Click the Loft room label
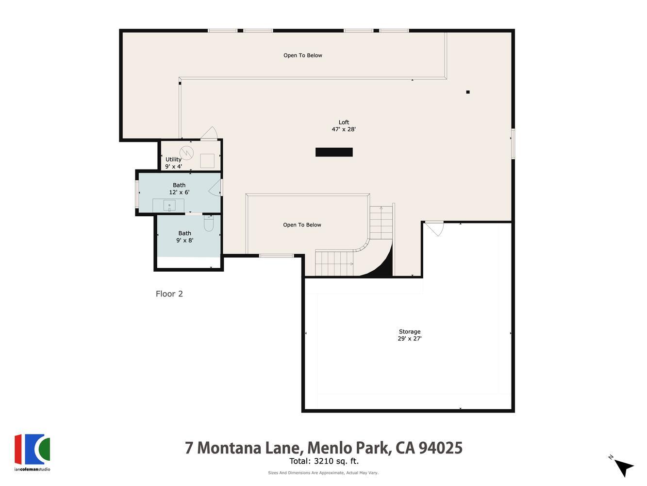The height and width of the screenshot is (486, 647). (344, 122)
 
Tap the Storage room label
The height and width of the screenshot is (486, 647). (410, 331)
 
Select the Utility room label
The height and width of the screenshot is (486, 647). (173, 159)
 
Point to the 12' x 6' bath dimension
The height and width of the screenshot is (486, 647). (179, 192)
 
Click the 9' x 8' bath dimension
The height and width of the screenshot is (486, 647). (184, 240)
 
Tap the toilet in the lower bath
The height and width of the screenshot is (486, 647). (209, 224)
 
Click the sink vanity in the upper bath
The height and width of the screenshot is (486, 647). (168, 206)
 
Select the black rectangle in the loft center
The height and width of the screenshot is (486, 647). (334, 152)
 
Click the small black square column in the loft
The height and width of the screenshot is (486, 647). (468, 92)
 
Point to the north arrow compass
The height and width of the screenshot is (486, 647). (623, 467)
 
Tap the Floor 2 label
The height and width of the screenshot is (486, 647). (169, 294)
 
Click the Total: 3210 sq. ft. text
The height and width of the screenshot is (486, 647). (324, 461)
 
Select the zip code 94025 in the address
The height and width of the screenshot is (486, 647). (440, 447)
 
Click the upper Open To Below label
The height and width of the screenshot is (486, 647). (303, 55)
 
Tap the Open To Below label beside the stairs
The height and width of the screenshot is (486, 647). (302, 225)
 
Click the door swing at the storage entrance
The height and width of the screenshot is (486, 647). (435, 228)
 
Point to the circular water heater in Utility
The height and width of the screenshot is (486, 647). (187, 153)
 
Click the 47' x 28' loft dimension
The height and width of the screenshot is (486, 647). (344, 130)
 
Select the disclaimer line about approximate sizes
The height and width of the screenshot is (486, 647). (323, 473)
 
